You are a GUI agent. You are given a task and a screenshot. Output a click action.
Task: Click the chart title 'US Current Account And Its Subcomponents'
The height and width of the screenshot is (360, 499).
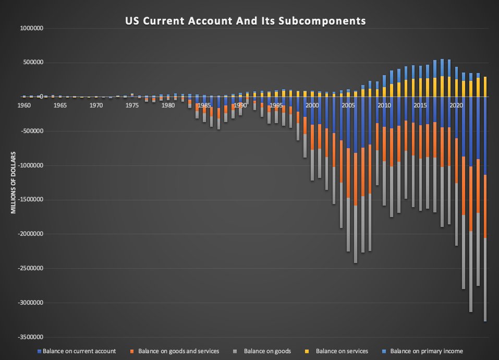point(245,21)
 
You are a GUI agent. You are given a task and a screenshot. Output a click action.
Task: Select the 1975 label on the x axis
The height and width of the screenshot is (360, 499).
point(132,105)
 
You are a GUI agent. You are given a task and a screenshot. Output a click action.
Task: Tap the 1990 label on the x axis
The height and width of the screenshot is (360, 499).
point(240,105)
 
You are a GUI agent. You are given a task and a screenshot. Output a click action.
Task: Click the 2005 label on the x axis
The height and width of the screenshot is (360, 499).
point(348,105)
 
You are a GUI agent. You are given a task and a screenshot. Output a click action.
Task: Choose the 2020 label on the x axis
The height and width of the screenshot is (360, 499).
point(456,105)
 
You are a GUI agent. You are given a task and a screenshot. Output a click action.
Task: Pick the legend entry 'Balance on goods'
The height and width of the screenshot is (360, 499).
point(267,351)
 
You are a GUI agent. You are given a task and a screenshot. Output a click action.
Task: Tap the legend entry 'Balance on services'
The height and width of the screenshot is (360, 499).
point(342,351)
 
